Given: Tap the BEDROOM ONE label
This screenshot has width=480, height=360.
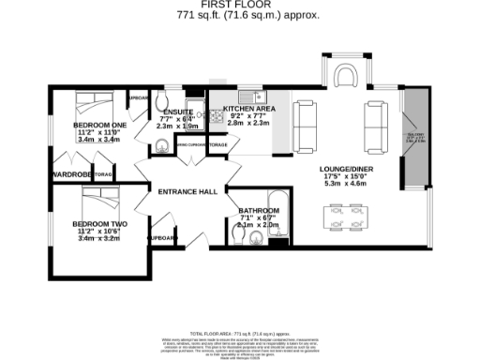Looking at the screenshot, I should coord(99,125).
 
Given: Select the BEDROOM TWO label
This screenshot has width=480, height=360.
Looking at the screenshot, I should coord(98,223).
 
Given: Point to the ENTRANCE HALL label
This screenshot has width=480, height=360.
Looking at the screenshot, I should coord(187,191).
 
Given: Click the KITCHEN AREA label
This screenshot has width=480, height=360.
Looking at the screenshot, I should coord(247,110).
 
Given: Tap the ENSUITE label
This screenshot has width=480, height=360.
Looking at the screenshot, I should coord(178,112).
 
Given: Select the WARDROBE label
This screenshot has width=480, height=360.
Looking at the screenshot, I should coord(71,173).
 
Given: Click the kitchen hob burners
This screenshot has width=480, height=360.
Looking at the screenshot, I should coord(216,97).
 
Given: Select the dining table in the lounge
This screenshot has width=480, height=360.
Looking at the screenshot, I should coord(344,218).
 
